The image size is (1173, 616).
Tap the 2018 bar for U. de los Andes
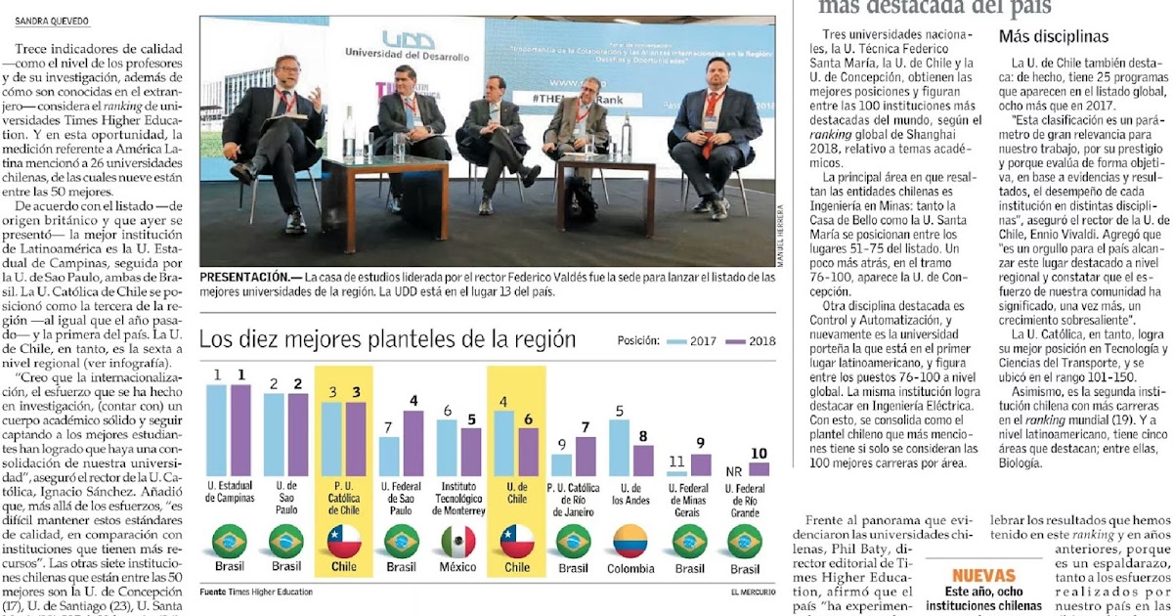coord(642,460)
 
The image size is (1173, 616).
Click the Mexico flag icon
coord(458,541)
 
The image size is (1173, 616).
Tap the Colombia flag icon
coord(630,541)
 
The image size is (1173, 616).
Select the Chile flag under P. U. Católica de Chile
coord(344,541)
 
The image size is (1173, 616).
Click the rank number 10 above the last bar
coord(759,454)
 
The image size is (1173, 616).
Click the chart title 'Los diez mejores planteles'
coord(387,340)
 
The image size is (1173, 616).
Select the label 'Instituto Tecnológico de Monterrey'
coord(458,498)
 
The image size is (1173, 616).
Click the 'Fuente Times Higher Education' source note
coord(257,592)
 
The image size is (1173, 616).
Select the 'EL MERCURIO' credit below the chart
coord(752,592)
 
